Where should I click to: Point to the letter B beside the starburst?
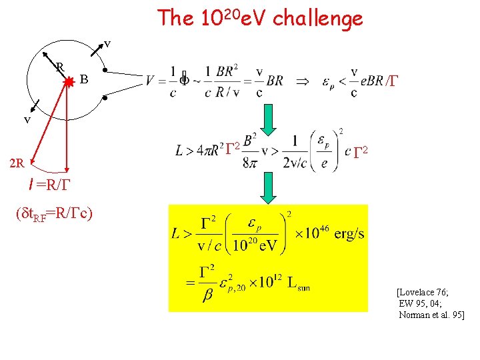coord(83,80)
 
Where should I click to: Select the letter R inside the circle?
coord(59,67)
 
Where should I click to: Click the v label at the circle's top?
coord(107,44)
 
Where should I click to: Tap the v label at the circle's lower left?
coord(28,120)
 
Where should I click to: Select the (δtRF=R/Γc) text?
coord(53,215)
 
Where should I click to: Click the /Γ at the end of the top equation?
coord(391,81)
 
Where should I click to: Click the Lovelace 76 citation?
coord(423,292)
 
